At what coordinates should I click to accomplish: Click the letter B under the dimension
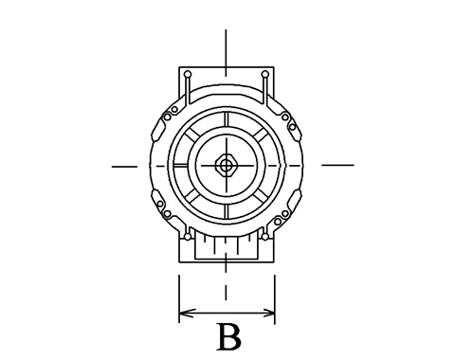click(x=229, y=337)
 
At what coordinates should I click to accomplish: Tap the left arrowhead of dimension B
click(x=187, y=314)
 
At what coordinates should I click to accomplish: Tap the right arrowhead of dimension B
click(x=267, y=314)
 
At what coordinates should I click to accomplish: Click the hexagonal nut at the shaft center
click(x=226, y=165)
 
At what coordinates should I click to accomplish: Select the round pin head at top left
click(x=188, y=75)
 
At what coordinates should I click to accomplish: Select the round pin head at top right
click(x=265, y=75)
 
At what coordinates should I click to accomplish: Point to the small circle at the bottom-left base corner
click(x=188, y=237)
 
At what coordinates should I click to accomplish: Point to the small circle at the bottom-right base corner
click(x=265, y=237)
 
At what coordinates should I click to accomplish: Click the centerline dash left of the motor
click(x=124, y=167)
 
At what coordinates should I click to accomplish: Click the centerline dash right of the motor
click(x=337, y=165)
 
